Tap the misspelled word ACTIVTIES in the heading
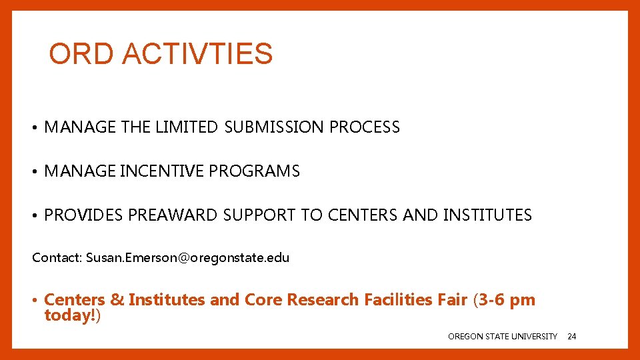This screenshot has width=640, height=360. (x=198, y=54)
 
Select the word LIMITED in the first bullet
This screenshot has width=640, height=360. (x=186, y=127)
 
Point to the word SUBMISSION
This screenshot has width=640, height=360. (x=273, y=127)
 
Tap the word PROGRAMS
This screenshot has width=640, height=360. (x=255, y=171)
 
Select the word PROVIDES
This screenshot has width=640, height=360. (x=83, y=215)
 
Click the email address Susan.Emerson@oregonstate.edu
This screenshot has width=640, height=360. (x=187, y=257)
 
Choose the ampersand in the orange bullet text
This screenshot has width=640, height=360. (x=117, y=300)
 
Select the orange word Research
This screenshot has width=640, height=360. (x=323, y=300)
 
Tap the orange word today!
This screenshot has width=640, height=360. (x=70, y=315)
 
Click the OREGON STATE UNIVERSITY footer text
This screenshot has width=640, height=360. (x=503, y=337)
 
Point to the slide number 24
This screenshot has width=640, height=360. (x=571, y=337)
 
